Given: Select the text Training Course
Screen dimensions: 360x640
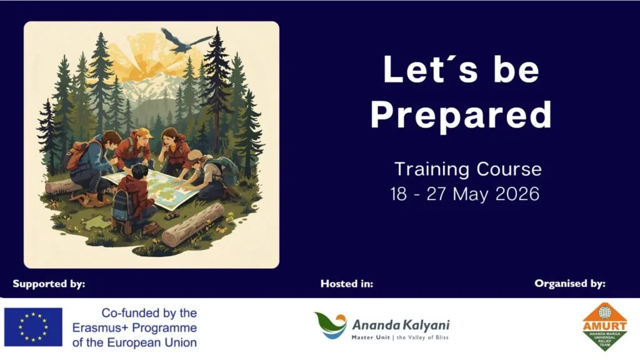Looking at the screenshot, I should (467, 169).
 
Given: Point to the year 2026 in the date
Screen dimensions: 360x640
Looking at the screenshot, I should (516, 194).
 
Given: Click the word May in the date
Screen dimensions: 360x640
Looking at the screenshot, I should (471, 194).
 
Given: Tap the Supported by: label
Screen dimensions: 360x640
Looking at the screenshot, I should (49, 284).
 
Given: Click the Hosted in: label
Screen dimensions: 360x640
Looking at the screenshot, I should (347, 284).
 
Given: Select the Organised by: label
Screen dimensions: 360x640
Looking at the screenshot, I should (569, 284).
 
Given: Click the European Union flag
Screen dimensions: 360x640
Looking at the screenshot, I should (33, 327).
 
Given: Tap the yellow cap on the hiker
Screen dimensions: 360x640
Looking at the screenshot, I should (143, 132).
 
